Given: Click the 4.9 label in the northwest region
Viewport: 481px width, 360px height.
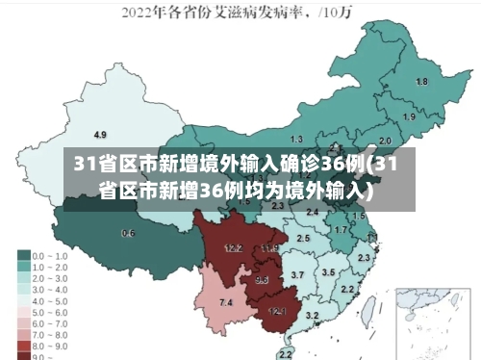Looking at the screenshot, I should click(99, 134).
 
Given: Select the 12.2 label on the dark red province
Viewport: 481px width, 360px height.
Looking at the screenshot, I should click(233, 248).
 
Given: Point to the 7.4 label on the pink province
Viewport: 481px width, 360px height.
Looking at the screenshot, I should click(226, 303).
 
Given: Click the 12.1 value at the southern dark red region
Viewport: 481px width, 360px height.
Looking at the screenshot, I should click(277, 311).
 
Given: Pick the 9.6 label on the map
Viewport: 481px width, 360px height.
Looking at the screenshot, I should click(262, 280).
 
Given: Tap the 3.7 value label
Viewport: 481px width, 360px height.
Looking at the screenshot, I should click(297, 275).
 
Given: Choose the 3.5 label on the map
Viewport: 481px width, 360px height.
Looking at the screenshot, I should click(328, 272).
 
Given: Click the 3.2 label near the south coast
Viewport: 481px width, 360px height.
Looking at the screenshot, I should click(312, 316).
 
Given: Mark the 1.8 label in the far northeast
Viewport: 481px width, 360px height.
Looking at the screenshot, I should click(421, 82).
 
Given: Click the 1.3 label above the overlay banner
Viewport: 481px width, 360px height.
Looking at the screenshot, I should click(296, 140).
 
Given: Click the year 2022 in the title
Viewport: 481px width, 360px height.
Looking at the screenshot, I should click(139, 13).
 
